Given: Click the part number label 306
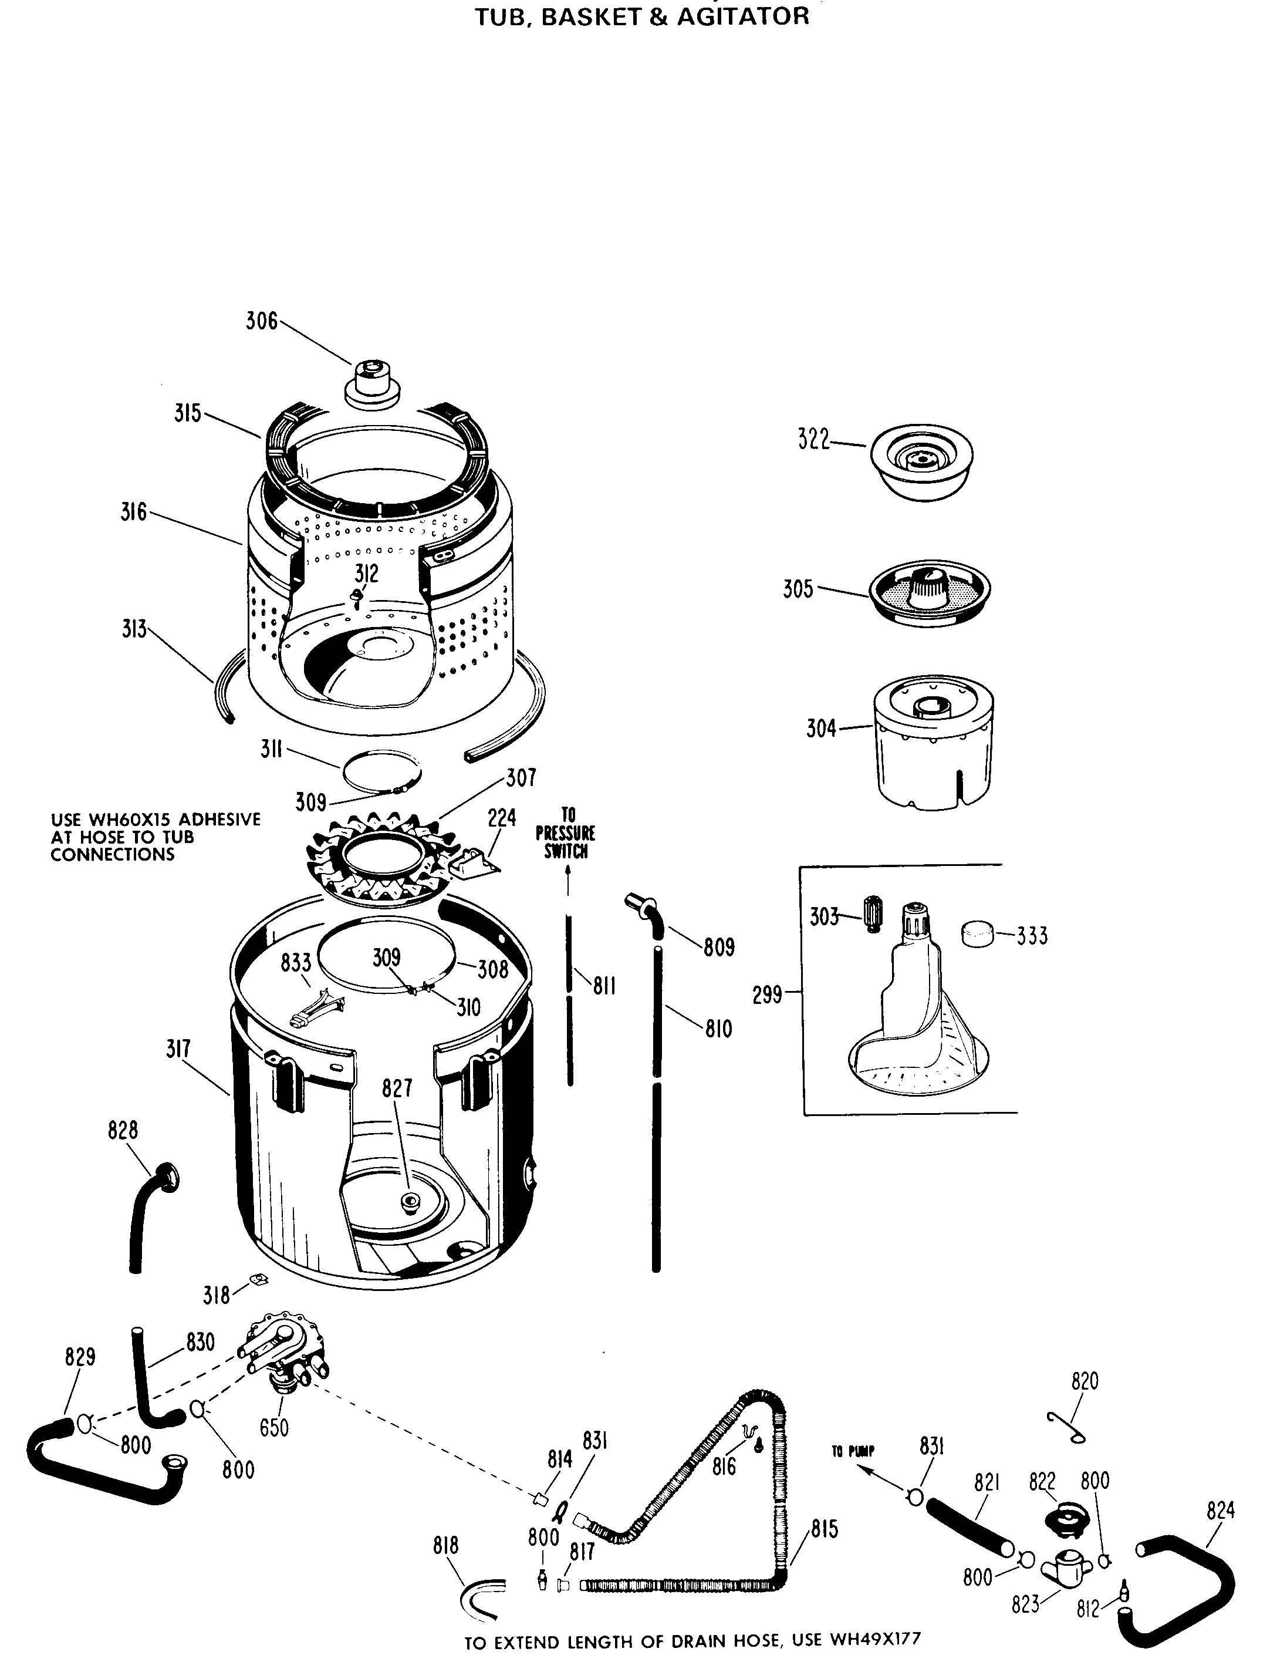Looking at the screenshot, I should click(261, 321).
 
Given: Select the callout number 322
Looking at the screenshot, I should click(813, 440).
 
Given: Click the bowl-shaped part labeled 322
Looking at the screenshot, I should click(921, 461).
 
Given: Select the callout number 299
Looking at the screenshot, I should click(767, 995).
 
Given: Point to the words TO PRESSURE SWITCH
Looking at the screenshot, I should click(566, 833).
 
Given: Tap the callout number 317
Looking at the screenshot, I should click(178, 1049).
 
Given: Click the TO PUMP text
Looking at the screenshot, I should click(853, 1451).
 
